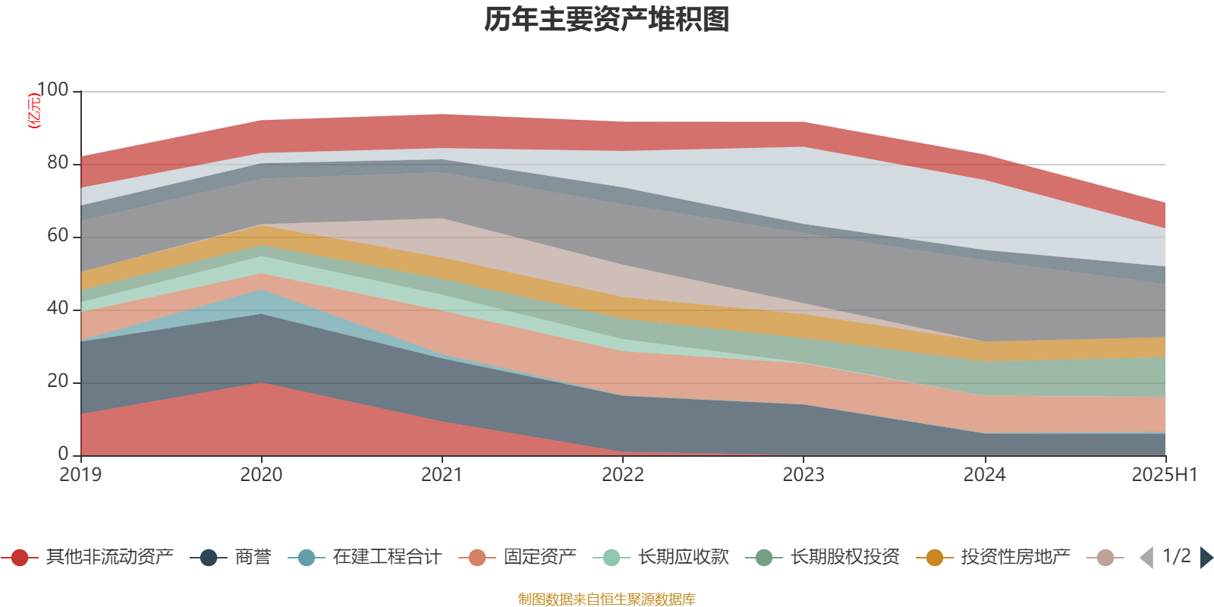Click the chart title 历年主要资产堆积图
pyautogui.click(x=607, y=20)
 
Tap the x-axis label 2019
pyautogui.click(x=80, y=475)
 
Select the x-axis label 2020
pyautogui.click(x=261, y=475)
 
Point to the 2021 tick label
pyautogui.click(x=442, y=475)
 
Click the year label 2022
pyautogui.click(x=623, y=475)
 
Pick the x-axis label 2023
pyautogui.click(x=804, y=475)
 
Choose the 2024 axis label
pyautogui.click(x=984, y=475)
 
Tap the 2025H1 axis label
pyautogui.click(x=1163, y=475)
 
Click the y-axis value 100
pyautogui.click(x=53, y=90)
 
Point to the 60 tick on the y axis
pyautogui.click(x=58, y=236)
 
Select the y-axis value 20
pyautogui.click(x=58, y=382)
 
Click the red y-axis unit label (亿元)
pyautogui.click(x=34, y=111)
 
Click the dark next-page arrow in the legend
pyautogui.click(x=1205, y=558)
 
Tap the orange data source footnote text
pyautogui.click(x=606, y=599)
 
